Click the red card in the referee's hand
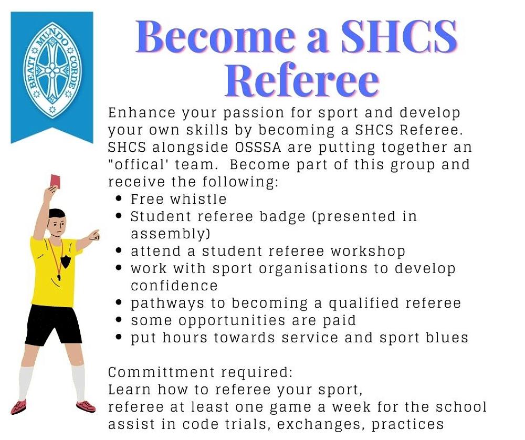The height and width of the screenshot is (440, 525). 55,181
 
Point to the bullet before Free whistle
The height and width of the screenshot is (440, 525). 120,200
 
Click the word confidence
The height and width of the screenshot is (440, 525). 174,286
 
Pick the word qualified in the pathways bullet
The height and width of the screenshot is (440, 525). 369,303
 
